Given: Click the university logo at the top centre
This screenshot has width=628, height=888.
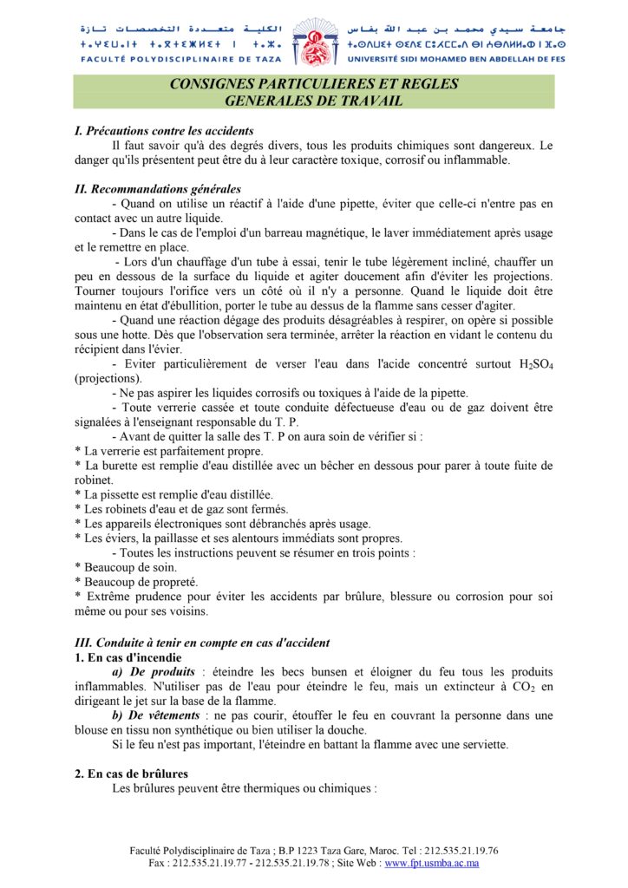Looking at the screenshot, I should [x=312, y=42].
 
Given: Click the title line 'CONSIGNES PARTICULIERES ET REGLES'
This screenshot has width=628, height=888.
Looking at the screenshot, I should [x=313, y=85].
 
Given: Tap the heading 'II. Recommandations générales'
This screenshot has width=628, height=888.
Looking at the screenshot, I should [x=157, y=189].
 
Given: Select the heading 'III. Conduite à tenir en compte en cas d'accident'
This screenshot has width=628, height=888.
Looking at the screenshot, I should [x=201, y=643].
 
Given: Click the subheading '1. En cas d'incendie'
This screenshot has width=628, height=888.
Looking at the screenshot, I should [x=128, y=657].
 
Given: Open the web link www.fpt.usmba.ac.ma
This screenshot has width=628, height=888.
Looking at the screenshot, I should [x=432, y=864].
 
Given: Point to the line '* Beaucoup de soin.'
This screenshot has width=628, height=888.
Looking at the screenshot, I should [x=121, y=567].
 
